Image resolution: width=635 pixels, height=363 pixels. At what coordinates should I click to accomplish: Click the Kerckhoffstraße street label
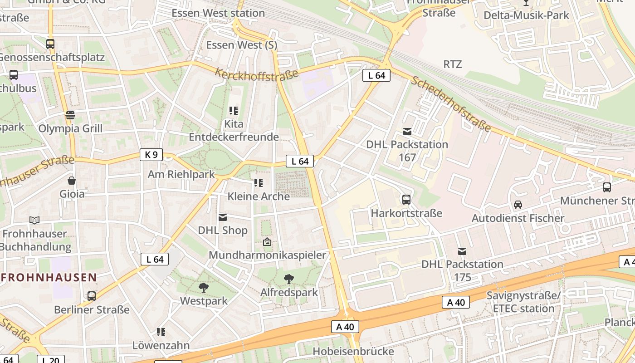pyautogui.click(x=257, y=74)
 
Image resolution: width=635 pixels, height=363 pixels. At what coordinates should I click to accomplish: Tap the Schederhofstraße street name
pyautogui.click(x=451, y=104)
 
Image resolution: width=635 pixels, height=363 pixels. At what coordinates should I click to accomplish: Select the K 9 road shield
pyautogui.click(x=151, y=155)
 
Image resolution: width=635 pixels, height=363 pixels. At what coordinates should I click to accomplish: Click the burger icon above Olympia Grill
pyautogui.click(x=70, y=115)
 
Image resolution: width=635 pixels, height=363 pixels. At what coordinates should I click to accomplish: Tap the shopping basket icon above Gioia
pyautogui.click(x=72, y=181)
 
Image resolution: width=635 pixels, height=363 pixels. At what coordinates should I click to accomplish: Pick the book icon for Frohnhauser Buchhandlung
pyautogui.click(x=34, y=221)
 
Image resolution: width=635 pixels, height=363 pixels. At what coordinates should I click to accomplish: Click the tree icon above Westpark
pyautogui.click(x=204, y=287)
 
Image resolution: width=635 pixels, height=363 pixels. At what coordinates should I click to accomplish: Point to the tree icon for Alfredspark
pyautogui.click(x=288, y=279)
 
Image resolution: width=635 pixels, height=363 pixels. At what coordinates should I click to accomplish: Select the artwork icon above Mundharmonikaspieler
pyautogui.click(x=267, y=242)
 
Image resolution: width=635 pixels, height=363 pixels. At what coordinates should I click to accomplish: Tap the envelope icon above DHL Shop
pyautogui.click(x=223, y=217)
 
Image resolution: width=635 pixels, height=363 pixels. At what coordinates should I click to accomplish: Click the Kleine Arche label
pyautogui.click(x=259, y=196)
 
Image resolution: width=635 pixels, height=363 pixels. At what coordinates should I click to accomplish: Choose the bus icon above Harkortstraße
pyautogui.click(x=406, y=200)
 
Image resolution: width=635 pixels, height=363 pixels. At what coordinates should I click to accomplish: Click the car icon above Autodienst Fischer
pyautogui.click(x=518, y=205)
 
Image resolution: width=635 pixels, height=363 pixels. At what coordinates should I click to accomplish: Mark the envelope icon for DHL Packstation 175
pyautogui.click(x=462, y=251)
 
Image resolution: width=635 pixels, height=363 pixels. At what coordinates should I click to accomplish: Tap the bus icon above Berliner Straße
pyautogui.click(x=92, y=296)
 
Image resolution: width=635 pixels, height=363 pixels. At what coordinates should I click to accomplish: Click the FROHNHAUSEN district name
pyautogui.click(x=49, y=277)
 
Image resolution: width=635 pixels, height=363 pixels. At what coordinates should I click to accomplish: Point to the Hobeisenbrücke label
pyautogui.click(x=353, y=351)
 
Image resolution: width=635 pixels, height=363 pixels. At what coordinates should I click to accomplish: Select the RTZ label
pyautogui.click(x=452, y=64)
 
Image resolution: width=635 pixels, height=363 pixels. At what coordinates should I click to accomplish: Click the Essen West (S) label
pyautogui.click(x=242, y=45)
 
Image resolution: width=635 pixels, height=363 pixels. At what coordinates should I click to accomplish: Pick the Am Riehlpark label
pyautogui.click(x=181, y=174)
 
